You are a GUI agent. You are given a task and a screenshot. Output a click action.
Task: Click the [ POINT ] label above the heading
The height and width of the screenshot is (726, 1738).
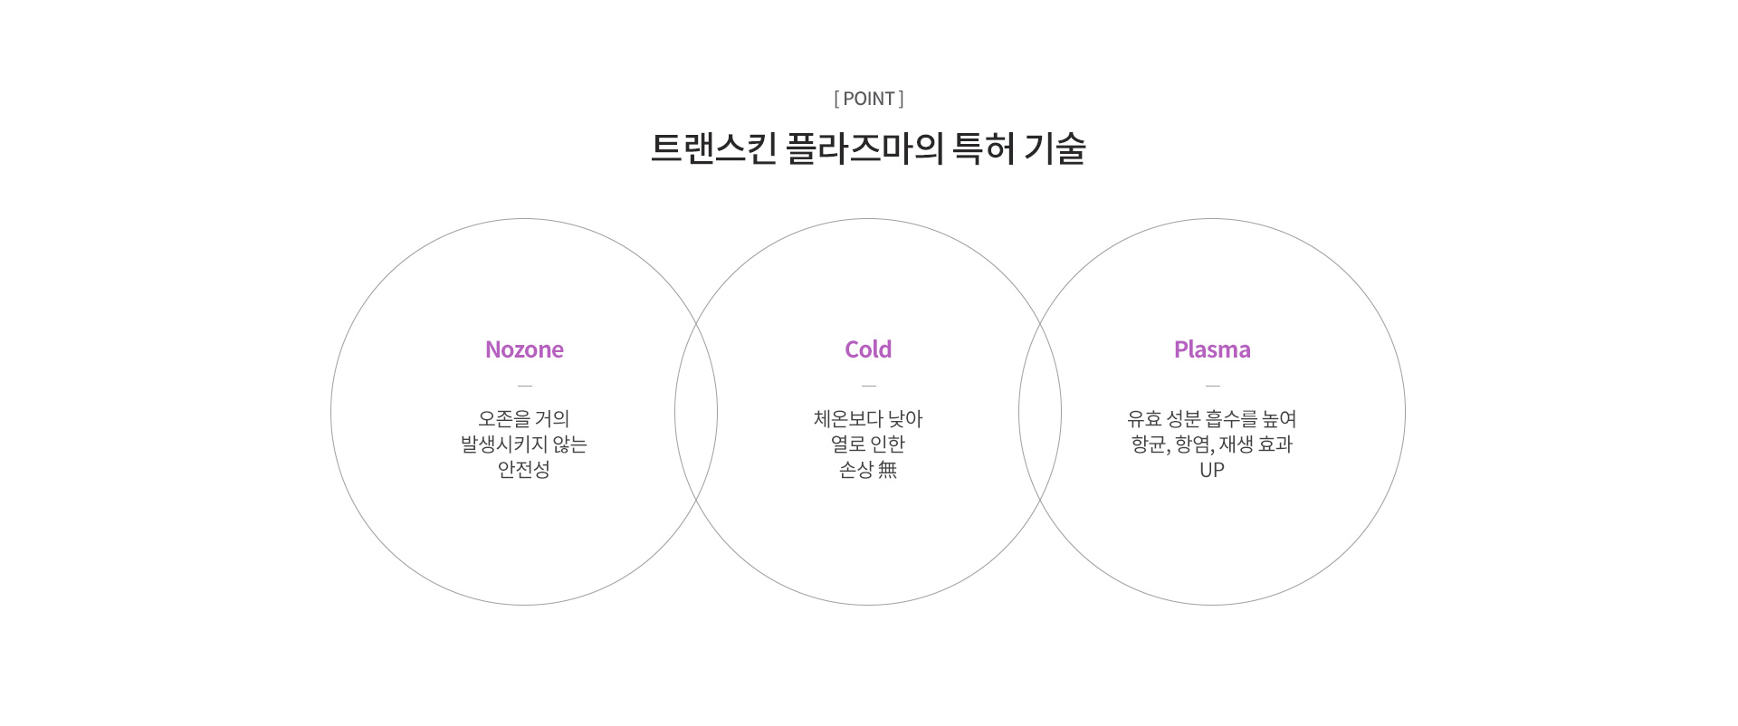tap(869, 99)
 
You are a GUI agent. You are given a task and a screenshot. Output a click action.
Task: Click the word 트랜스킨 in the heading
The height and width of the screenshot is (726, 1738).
tap(714, 148)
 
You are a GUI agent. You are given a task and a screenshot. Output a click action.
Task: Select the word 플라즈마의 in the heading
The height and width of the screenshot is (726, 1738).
tap(865, 148)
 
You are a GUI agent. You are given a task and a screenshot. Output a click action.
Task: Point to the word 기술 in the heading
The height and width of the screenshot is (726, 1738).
tap(1055, 148)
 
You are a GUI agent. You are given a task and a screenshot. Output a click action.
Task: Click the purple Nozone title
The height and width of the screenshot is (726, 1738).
tap(524, 349)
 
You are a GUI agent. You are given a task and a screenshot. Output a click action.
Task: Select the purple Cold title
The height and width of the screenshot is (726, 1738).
tap(868, 349)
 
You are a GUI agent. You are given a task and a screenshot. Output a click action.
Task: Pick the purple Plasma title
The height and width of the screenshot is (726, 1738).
tap(1212, 349)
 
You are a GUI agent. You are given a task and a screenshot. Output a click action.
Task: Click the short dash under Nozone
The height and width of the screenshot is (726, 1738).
tap(525, 386)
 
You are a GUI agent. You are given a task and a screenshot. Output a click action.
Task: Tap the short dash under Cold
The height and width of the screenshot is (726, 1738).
tap(869, 386)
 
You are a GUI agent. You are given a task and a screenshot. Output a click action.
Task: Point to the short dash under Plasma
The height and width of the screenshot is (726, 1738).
tap(1213, 386)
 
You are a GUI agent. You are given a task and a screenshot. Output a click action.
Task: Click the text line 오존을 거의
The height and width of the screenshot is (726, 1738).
tap(524, 418)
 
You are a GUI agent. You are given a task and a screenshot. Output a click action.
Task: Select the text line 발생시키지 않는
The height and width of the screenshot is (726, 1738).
tap(524, 444)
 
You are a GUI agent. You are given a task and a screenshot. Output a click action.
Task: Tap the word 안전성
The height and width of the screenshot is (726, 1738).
tap(524, 469)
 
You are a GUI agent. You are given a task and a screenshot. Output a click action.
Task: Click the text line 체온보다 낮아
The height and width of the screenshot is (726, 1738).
tap(868, 418)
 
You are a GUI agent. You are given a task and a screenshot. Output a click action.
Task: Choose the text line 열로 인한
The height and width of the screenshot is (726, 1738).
tap(868, 444)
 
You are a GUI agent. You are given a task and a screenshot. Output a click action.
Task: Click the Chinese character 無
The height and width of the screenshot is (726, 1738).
tap(887, 469)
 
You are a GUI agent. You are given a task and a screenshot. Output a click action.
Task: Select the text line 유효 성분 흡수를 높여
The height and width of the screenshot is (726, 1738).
tap(1212, 418)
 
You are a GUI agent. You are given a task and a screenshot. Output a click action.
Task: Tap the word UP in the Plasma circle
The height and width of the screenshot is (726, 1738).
tap(1212, 470)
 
